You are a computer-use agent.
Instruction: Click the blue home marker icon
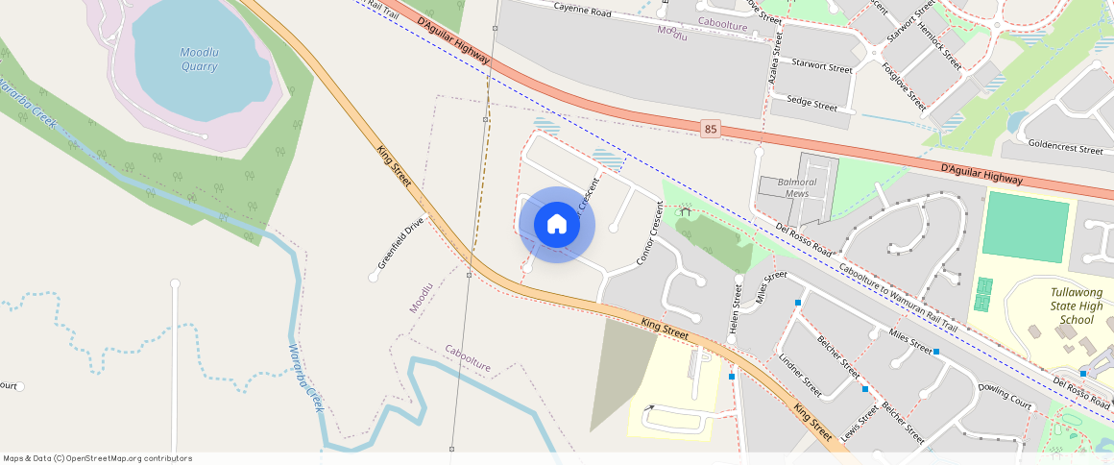[x=557, y=225]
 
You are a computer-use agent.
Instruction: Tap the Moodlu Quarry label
[x=199, y=59]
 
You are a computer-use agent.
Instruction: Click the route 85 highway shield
[x=710, y=129]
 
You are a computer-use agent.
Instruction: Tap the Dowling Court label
[x=1005, y=396]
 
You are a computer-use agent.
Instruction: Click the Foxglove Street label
[x=904, y=86]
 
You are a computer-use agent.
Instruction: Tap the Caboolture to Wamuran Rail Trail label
[x=898, y=298]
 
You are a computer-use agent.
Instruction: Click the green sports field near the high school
[x=1025, y=227]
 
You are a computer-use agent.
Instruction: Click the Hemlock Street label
[x=938, y=47]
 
